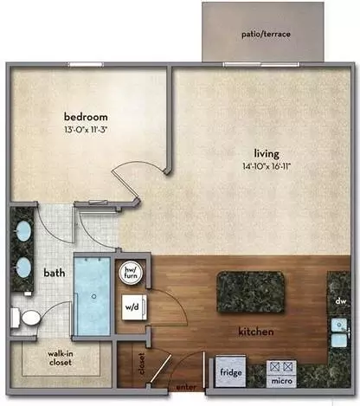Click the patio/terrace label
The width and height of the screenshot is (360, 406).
pos(266,34)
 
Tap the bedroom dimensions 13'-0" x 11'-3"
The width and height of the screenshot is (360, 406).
pos(86,130)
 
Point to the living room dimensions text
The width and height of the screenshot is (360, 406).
pos(267,166)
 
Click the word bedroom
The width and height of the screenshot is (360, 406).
pos(86,117)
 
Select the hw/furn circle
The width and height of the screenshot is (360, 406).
pos(131,273)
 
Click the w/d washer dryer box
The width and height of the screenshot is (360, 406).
pos(134,307)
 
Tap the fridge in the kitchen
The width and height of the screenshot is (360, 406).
pos(231,372)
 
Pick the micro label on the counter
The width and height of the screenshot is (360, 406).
pos(281,381)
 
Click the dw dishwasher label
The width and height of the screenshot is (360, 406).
pos(341,301)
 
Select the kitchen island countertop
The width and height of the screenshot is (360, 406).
pos(251,292)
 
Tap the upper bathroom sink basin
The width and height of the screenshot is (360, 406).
pos(23,231)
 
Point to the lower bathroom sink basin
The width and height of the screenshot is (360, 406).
pos(23,267)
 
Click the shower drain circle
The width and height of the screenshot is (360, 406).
pos(93,296)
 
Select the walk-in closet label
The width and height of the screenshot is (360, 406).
pos(61,358)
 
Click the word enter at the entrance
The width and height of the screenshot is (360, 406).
pos(186,387)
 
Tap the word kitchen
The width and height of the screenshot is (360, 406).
pos(256,332)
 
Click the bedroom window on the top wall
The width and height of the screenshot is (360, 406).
pos(86,64)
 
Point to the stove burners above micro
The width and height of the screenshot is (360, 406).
pos(281,367)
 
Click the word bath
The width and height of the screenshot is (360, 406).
pos(55,273)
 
